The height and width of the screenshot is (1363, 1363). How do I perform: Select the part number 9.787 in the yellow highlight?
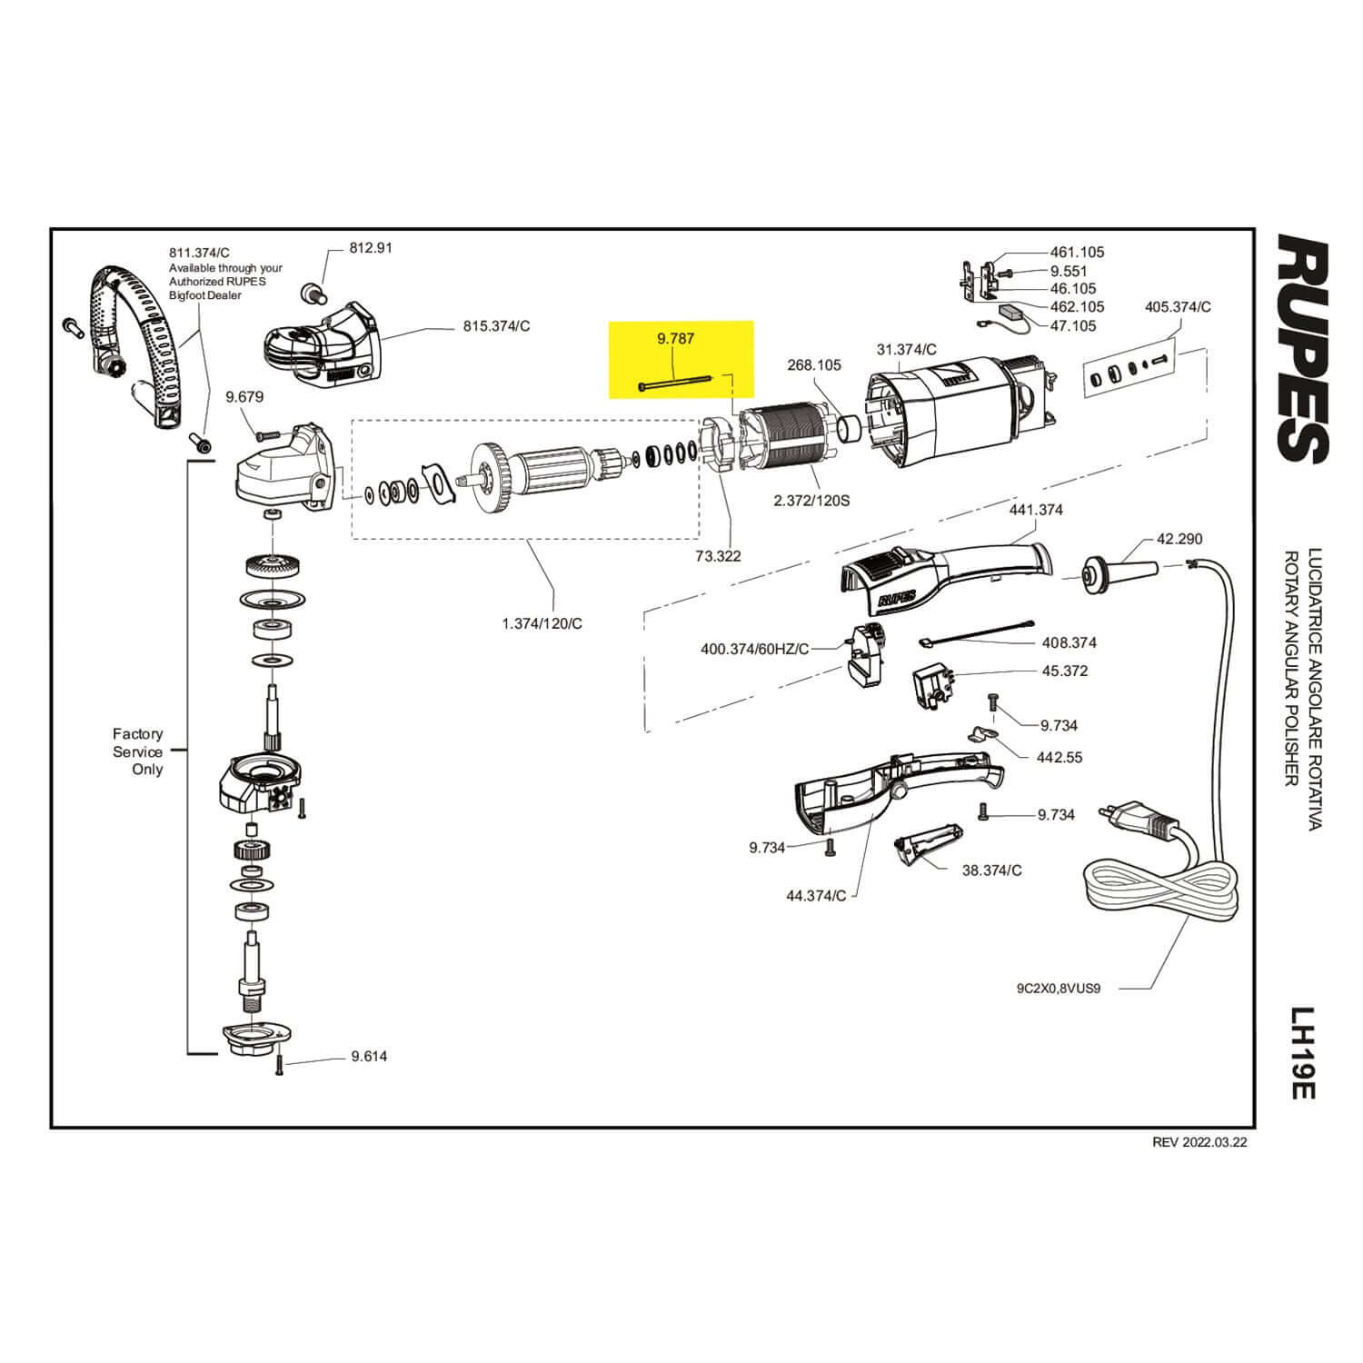coord(676,339)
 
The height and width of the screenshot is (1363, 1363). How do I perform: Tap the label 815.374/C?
coord(496,326)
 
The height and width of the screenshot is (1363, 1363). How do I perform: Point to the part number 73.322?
coord(718,556)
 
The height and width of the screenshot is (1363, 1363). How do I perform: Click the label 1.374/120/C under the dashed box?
coord(542,623)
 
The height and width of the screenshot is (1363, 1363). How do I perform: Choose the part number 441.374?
coord(1036,510)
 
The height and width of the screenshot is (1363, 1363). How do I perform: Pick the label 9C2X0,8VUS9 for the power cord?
coord(1059,989)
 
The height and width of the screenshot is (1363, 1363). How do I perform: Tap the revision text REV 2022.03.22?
coord(1199,1143)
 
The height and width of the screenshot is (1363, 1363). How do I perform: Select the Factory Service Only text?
coord(138,751)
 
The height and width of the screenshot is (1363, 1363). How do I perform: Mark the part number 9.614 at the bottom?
coord(369,1056)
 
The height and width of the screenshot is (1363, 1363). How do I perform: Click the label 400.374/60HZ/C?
coord(754,650)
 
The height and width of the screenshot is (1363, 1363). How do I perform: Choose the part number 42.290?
coord(1179,539)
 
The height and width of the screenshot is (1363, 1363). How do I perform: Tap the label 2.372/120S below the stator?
coord(811,501)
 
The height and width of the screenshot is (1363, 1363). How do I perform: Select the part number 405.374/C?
coord(1178,307)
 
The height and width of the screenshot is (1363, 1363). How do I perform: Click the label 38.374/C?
coord(991,870)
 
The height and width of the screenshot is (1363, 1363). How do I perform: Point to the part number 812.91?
coord(371,247)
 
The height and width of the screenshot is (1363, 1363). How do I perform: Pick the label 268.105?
coord(813,365)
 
